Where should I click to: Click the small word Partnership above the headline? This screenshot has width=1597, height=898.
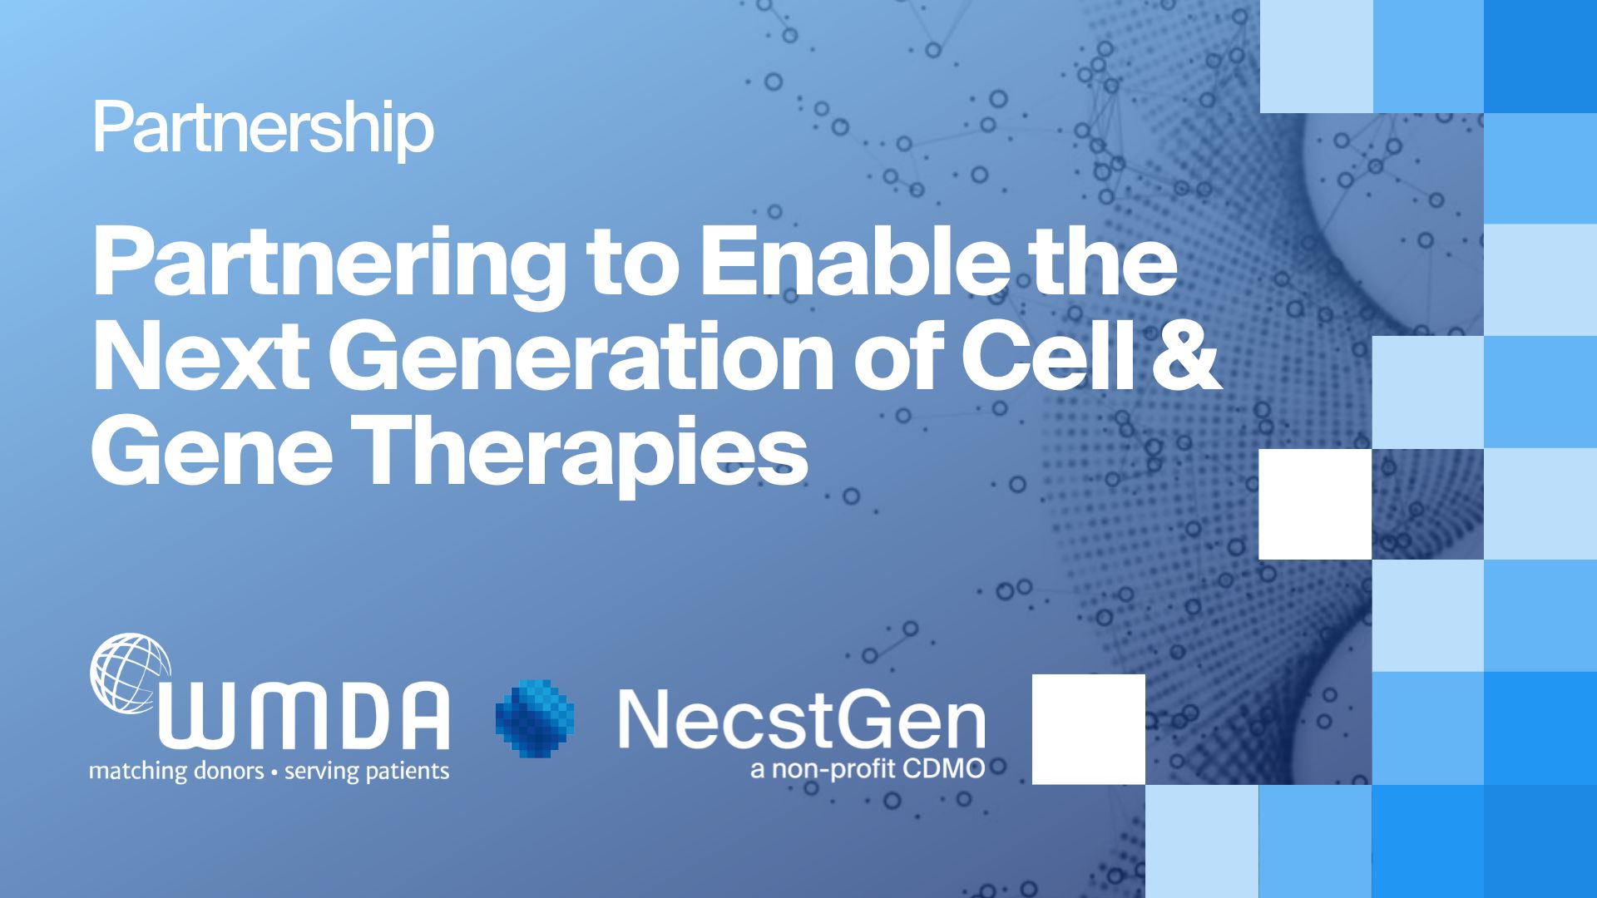pyautogui.click(x=263, y=130)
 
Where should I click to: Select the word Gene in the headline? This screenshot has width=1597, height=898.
pyautogui.click(x=211, y=452)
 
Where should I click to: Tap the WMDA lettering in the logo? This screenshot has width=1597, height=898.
pyautogui.click(x=304, y=717)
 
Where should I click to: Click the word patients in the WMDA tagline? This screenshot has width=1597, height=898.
pyautogui.click(x=408, y=772)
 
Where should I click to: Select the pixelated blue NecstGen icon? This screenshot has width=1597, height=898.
pyautogui.click(x=534, y=718)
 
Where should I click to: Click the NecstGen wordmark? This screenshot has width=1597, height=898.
pyautogui.click(x=801, y=718)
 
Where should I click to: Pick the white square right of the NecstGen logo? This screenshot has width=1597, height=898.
pyautogui.click(x=1088, y=728)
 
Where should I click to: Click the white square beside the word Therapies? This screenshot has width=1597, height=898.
pyautogui.click(x=1314, y=504)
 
